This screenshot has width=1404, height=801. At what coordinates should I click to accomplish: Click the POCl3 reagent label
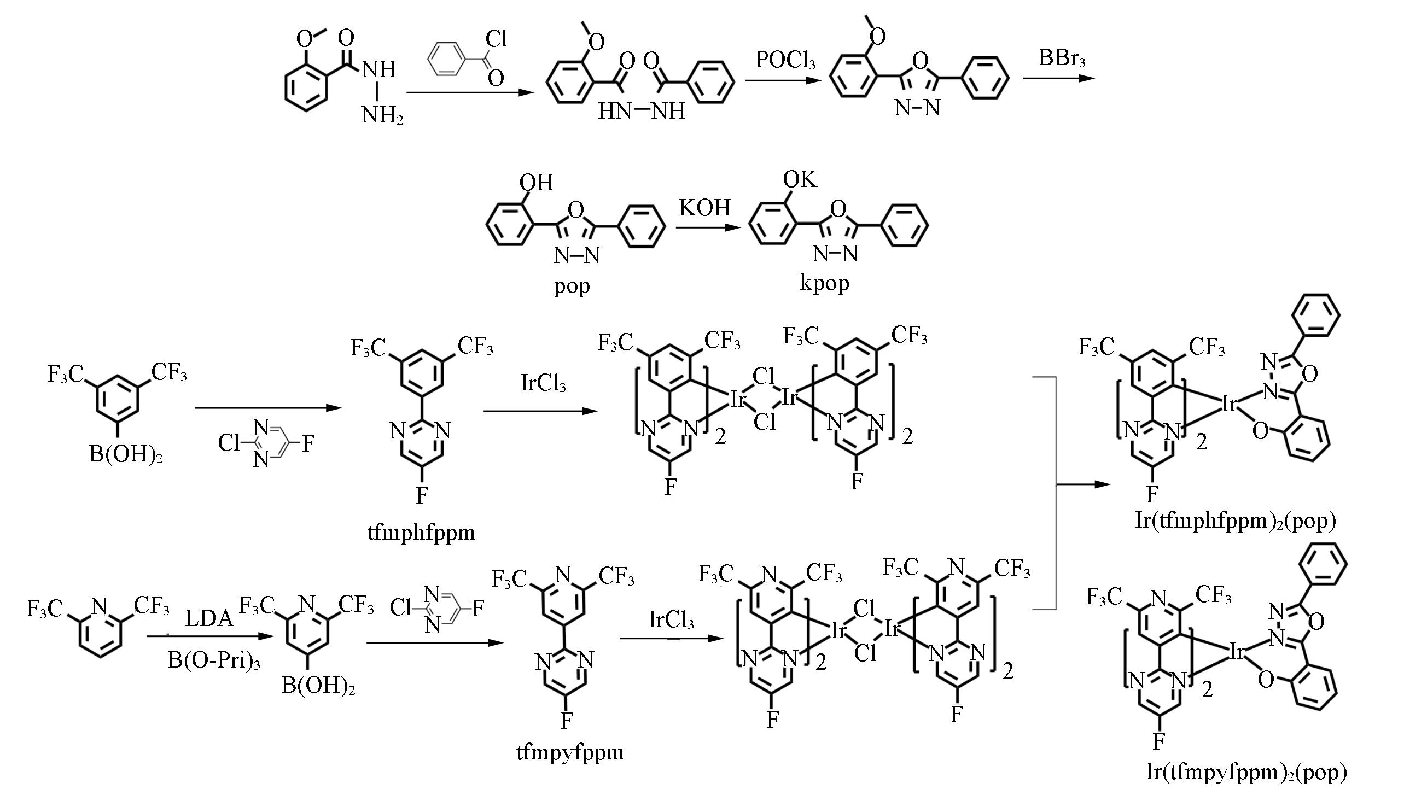tap(784, 60)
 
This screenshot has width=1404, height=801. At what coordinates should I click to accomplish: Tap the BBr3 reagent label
tap(1061, 58)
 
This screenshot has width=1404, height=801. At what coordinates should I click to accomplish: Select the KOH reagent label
tap(704, 208)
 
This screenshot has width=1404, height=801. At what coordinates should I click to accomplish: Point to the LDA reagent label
tap(209, 619)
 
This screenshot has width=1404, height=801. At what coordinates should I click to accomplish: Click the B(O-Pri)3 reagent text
tap(214, 660)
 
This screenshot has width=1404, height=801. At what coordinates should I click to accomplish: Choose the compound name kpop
tap(824, 282)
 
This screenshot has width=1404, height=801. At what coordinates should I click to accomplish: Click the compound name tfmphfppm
tap(422, 532)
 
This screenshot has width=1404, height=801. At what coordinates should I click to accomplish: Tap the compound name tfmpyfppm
tap(570, 751)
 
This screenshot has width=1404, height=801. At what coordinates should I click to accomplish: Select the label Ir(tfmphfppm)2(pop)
tap(1236, 520)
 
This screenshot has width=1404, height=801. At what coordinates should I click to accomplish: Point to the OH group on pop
tap(537, 182)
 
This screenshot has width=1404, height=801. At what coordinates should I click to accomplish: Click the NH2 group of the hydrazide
tap(382, 115)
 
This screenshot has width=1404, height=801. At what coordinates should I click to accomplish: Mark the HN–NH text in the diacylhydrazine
tap(642, 111)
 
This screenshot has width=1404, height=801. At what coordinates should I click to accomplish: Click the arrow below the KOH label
tap(706, 226)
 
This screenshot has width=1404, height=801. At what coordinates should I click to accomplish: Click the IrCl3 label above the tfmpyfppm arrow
tap(671, 619)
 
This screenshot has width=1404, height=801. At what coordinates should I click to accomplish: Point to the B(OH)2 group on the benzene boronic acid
tap(125, 454)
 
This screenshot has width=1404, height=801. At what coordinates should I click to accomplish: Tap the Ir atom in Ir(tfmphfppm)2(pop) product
tap(1228, 405)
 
